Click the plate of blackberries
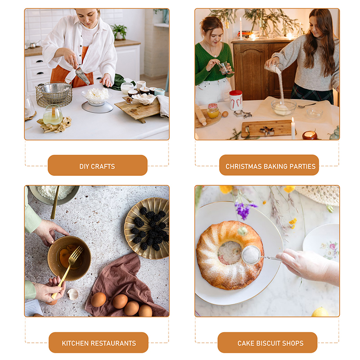(x=147, y=228)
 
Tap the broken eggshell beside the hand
(x=73, y=294)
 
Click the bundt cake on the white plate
(x=229, y=255)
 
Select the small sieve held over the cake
(x=252, y=255)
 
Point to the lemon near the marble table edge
(x=320, y=312)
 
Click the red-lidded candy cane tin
(x=236, y=100)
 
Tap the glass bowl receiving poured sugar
(x=283, y=107)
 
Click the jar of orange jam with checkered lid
(x=213, y=111)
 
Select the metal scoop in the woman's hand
(x=82, y=76)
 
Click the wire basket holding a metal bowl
(x=54, y=94)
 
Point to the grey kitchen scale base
(x=97, y=107)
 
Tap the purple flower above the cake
(x=244, y=210)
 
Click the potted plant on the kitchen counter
(x=119, y=32)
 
